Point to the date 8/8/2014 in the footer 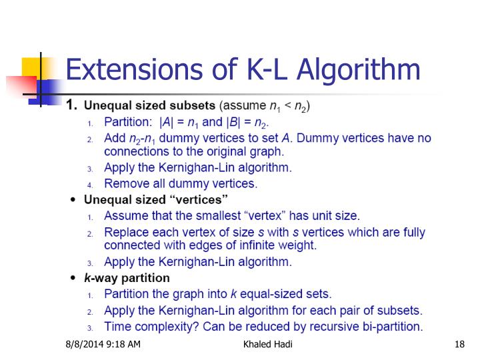tap(85, 345)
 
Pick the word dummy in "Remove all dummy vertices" tap(197, 183)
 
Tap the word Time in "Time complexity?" tap(118, 327)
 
